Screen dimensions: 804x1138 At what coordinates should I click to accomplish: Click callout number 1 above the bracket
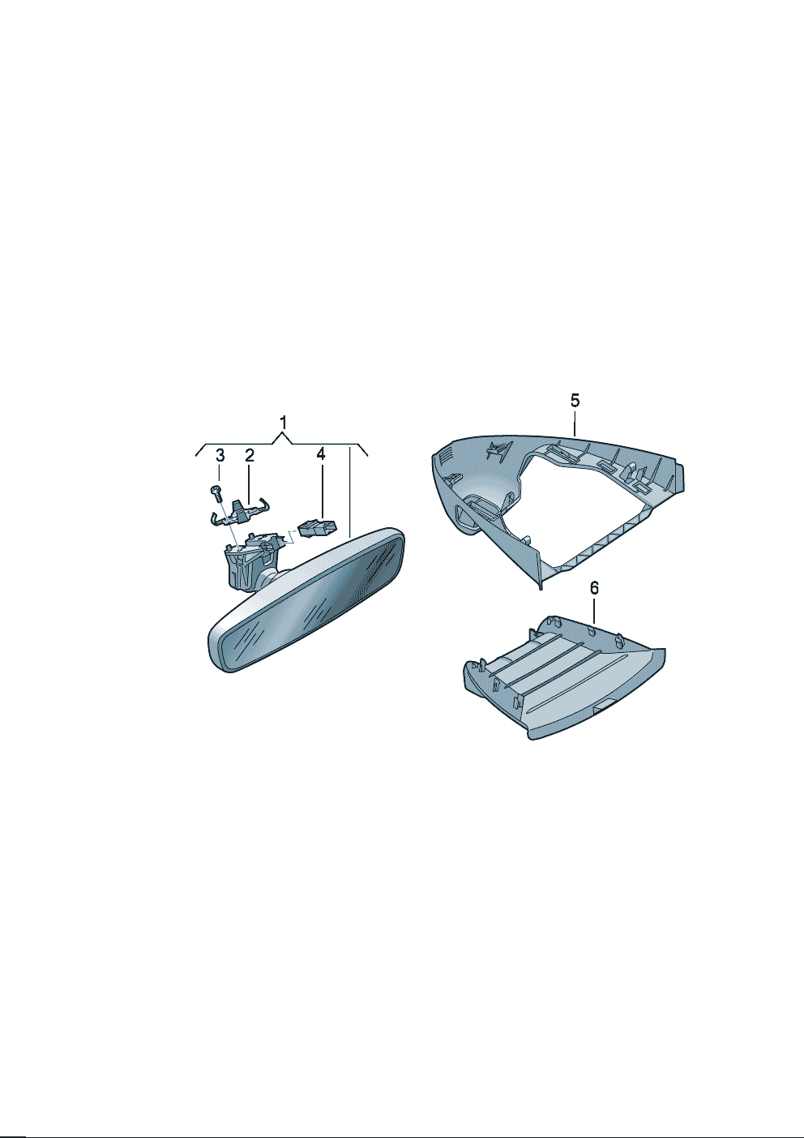283,422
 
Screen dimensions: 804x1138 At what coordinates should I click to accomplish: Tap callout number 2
249,455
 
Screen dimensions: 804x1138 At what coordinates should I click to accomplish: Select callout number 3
220,455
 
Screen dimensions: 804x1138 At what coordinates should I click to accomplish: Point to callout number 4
321,454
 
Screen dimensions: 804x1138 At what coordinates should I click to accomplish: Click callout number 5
575,401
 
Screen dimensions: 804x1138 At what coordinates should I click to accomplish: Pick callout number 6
594,588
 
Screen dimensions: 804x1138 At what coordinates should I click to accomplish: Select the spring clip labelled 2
240,510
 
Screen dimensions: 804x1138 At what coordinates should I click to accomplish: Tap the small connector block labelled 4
319,528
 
